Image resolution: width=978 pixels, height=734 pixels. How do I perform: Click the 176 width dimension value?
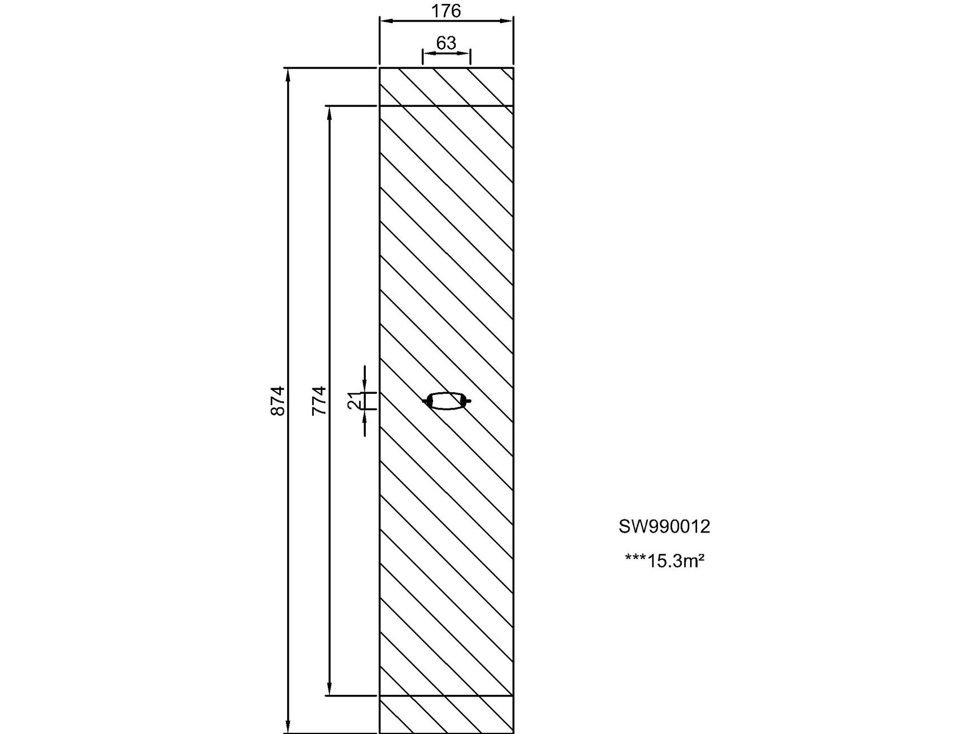click(446, 11)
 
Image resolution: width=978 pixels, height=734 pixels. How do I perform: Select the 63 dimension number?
click(446, 43)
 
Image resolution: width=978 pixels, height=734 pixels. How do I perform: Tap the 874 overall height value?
click(278, 401)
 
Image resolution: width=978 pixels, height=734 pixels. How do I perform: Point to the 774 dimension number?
click(319, 401)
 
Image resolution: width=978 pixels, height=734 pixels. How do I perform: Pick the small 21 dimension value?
click(354, 401)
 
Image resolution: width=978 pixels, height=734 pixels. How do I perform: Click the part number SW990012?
click(664, 526)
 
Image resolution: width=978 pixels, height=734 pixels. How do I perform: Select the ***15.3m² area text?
click(664, 561)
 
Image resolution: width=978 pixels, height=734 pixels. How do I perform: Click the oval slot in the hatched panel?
click(447, 401)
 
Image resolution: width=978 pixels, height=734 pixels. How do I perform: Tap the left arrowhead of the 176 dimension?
click(384, 21)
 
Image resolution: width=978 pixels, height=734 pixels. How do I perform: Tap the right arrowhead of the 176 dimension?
click(508, 21)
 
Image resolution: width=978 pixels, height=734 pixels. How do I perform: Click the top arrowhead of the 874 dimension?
click(288, 74)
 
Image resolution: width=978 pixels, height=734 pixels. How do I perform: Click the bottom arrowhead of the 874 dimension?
click(288, 727)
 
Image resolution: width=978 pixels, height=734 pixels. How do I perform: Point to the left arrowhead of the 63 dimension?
click(427, 53)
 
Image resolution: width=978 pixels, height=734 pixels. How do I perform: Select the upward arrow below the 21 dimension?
click(365, 415)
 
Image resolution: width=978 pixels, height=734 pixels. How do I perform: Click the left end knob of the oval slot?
click(427, 401)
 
